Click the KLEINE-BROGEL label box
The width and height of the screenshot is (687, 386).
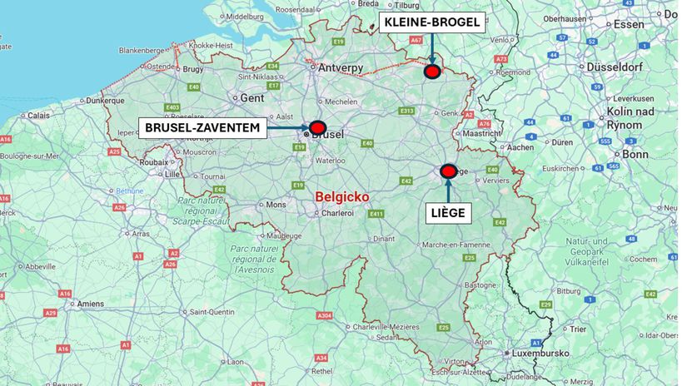432,22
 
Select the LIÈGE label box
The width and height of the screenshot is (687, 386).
448,212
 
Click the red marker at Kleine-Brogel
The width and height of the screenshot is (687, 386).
431,72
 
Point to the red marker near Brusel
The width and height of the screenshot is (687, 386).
316,126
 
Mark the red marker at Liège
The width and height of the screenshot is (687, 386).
448,171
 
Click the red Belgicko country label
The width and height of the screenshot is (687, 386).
342,196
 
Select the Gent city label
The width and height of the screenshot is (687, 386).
251,97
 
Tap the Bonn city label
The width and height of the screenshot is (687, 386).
635,154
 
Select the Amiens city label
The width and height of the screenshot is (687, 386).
91,304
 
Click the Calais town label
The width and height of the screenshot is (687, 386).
39,116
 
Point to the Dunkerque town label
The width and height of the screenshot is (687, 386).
105,100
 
